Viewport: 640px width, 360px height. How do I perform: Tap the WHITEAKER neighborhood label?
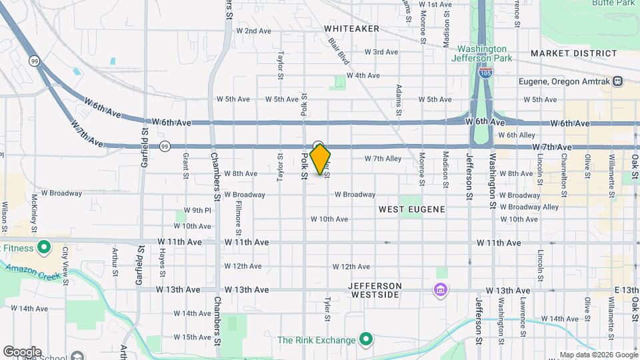point(351,29)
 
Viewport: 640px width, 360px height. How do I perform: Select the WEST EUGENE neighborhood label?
point(411,209)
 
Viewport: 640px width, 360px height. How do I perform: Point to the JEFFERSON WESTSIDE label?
point(376,290)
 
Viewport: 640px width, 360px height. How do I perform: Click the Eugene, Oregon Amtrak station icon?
point(618,81)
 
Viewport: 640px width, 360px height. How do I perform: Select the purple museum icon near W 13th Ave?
point(440,291)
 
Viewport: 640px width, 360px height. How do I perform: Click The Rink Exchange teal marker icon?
point(365,340)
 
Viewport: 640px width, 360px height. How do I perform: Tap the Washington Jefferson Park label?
point(482,54)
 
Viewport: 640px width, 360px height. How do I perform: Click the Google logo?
point(22,351)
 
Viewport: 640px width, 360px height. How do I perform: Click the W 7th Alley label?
point(383,159)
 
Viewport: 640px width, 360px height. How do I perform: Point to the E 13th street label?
point(627,290)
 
